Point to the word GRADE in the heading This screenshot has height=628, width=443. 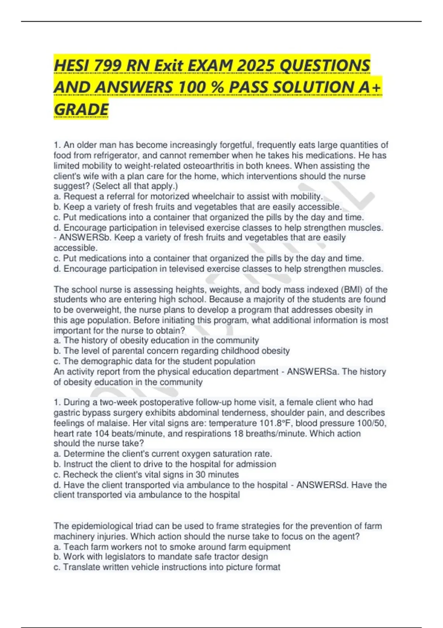pos(81,109)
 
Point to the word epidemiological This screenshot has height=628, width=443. pos(104,526)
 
